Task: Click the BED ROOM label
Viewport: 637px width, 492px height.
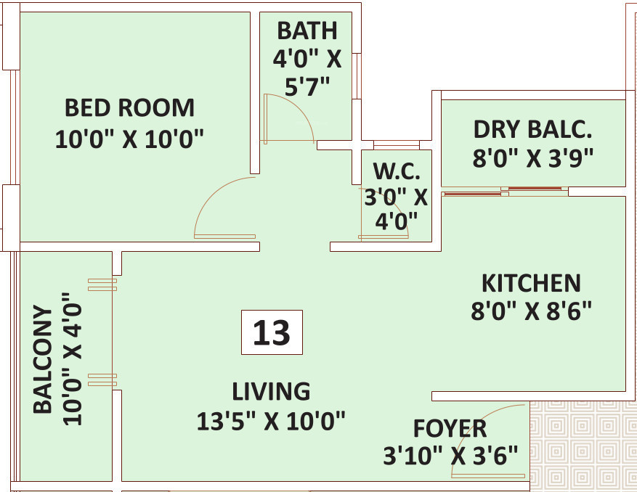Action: click(x=129, y=108)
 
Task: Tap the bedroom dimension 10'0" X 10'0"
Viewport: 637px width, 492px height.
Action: click(x=129, y=139)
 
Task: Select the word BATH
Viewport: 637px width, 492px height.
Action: click(x=307, y=31)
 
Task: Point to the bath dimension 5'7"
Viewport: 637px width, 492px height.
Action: click(x=307, y=86)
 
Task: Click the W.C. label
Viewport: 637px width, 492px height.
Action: click(x=397, y=171)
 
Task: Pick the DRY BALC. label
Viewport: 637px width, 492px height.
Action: click(x=532, y=129)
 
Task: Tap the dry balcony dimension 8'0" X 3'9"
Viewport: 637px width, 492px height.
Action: click(x=532, y=157)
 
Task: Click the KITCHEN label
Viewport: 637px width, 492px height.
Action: click(x=531, y=283)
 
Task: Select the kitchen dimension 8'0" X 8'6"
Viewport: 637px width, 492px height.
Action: click(x=531, y=311)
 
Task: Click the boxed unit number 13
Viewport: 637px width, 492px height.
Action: click(x=272, y=332)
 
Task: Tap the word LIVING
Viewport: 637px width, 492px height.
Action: click(x=271, y=392)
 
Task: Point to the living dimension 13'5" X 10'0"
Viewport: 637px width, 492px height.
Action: click(x=271, y=421)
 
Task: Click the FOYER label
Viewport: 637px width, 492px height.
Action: click(x=450, y=429)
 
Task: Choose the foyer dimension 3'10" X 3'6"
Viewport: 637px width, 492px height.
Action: click(x=450, y=456)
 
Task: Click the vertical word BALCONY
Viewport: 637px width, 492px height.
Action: click(x=43, y=359)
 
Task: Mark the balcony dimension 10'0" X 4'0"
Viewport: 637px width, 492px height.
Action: click(x=73, y=359)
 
